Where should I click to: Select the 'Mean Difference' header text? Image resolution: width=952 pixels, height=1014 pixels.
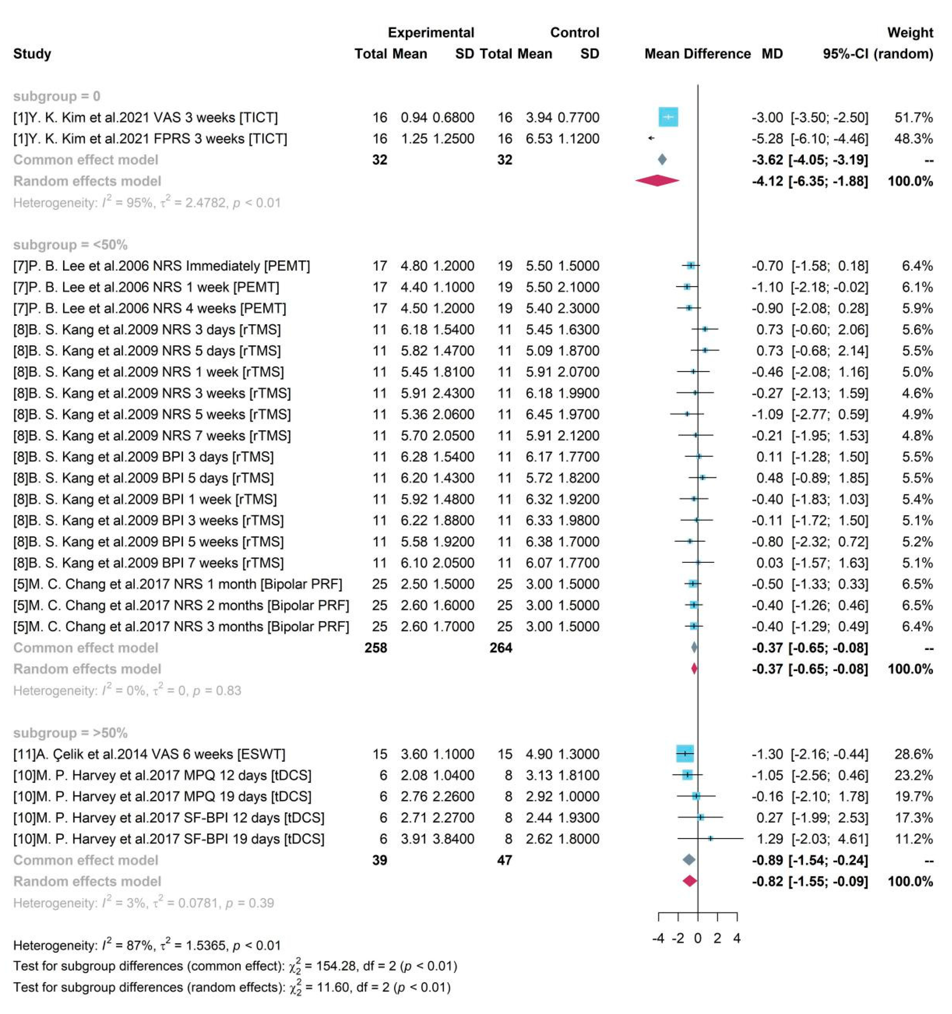pyautogui.click(x=697, y=54)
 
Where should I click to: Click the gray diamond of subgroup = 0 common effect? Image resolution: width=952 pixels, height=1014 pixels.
pyautogui.click(x=662, y=160)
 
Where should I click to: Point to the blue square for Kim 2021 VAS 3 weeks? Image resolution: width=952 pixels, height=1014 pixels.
pyautogui.click(x=668, y=117)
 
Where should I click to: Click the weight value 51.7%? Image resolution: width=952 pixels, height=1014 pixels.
pyautogui.click(x=913, y=117)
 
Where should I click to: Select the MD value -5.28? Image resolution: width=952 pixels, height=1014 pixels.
pyautogui.click(x=767, y=139)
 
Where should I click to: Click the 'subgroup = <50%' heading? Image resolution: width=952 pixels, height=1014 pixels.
pyautogui.click(x=71, y=245)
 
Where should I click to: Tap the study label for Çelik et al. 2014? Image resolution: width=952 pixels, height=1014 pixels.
pyautogui.click(x=149, y=754)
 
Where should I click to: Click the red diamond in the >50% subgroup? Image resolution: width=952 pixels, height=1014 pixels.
pyautogui.click(x=690, y=881)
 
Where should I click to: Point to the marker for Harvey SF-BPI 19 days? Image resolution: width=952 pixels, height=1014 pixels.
pyautogui.click(x=710, y=838)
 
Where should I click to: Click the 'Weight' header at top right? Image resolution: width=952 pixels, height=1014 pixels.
pyautogui.click(x=910, y=33)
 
